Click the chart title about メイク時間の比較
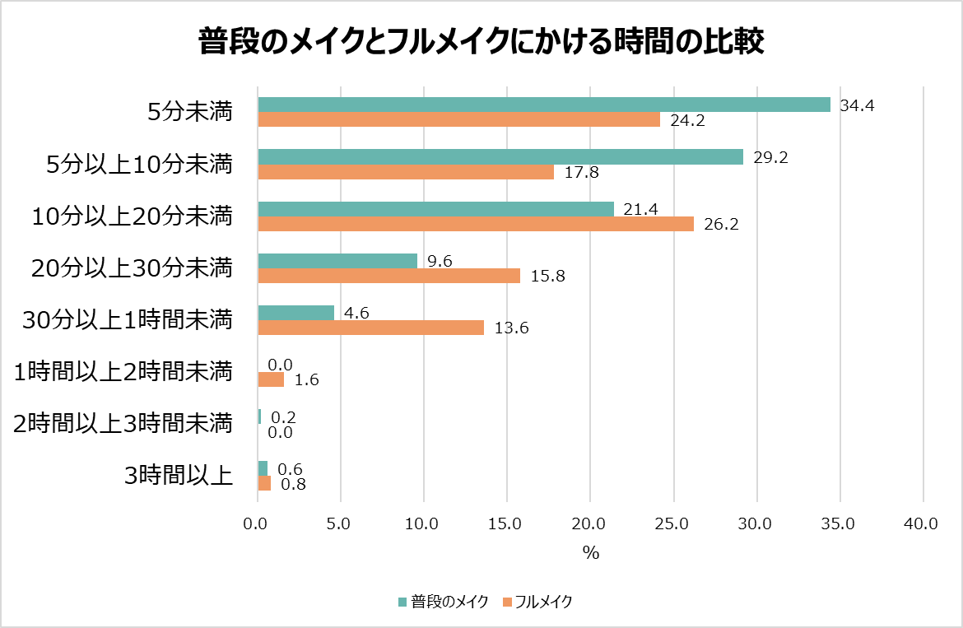[481, 41]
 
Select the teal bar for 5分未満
[544, 104]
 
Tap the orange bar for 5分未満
[459, 120]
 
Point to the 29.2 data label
[771, 157]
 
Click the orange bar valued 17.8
[406, 172]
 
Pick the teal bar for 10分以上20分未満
[436, 209]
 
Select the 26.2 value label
[721, 224]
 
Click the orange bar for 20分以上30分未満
[389, 276]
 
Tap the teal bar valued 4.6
[296, 313]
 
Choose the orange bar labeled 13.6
[371, 328]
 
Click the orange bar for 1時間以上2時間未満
[271, 379]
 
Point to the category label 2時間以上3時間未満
[124, 424]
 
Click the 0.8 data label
[294, 485]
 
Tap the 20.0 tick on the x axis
[590, 523]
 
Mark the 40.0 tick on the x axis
[922, 523]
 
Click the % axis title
[591, 553]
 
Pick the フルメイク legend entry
[537, 602]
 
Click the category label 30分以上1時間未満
[127, 320]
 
